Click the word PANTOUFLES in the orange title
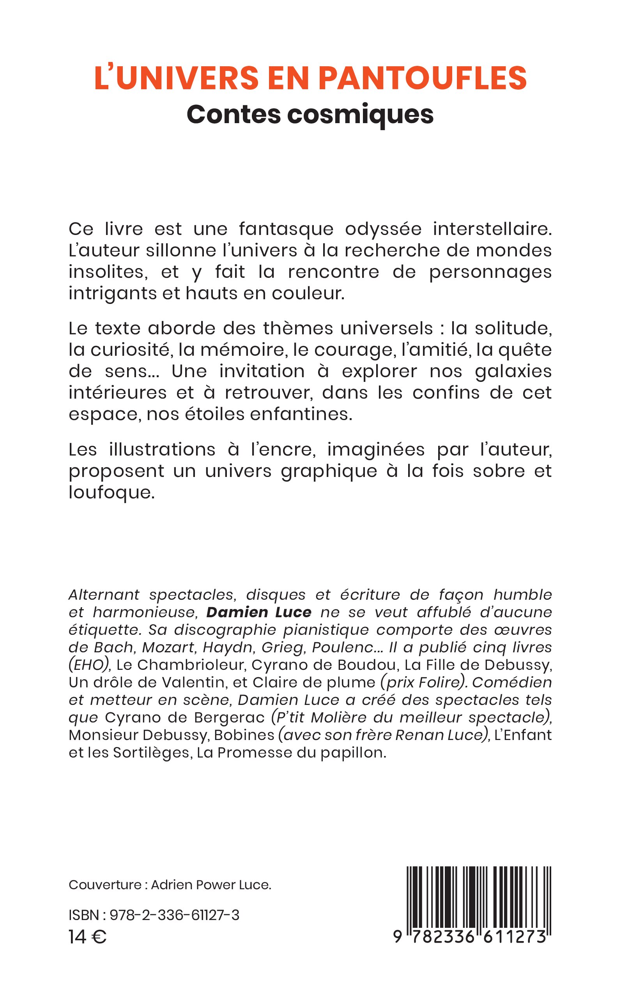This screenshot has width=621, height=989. tap(423, 78)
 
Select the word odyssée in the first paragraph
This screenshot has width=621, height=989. tap(383, 229)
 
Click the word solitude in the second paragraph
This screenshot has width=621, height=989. tap(513, 328)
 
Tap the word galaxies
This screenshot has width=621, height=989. tap(513, 371)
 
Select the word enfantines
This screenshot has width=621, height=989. tap(301, 414)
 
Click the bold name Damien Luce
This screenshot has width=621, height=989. tap(259, 612)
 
